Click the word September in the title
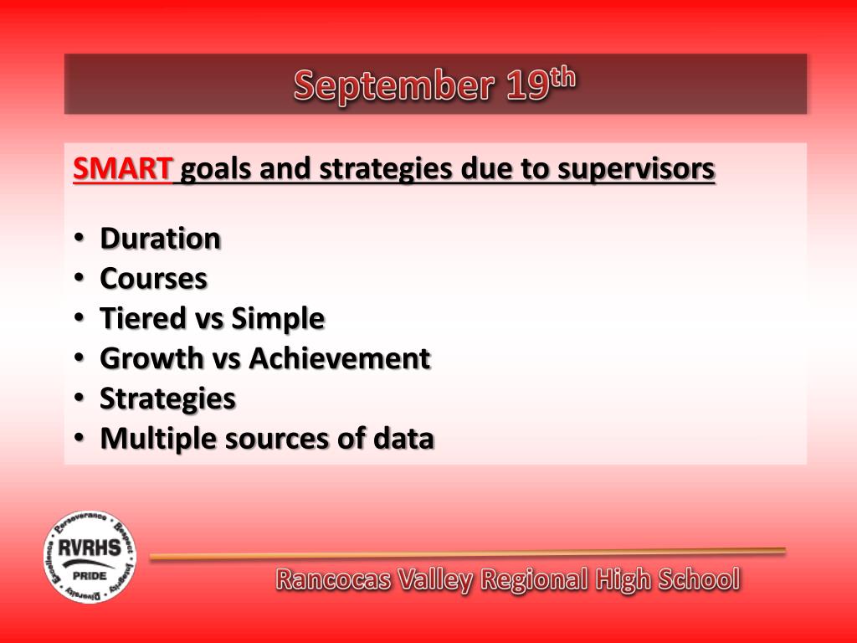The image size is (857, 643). click(x=394, y=86)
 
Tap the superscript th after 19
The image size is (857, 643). click(x=562, y=78)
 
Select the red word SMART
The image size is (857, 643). click(x=122, y=168)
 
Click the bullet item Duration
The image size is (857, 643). click(x=160, y=239)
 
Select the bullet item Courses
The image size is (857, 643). click(x=154, y=279)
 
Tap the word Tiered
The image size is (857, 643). click(x=143, y=318)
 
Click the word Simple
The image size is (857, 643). click(x=278, y=319)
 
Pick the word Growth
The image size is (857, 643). click(x=151, y=358)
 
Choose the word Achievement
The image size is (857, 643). click(x=340, y=358)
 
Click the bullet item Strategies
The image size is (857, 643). click(x=167, y=399)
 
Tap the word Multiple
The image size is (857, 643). click(x=158, y=440)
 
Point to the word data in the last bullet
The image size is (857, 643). click(x=404, y=439)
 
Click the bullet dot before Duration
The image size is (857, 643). click(x=80, y=238)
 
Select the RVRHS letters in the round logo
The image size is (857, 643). click(x=90, y=548)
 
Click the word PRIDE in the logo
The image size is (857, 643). click(x=90, y=576)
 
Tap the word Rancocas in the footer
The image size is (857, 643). click(x=334, y=579)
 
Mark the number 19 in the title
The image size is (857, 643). click(x=527, y=86)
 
